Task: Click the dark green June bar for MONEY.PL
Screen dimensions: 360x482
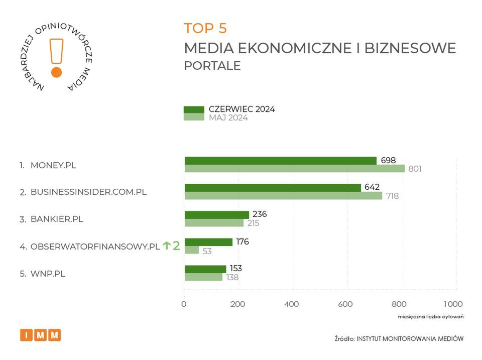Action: click(x=280, y=161)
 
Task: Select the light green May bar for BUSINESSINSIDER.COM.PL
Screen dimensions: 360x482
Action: click(x=283, y=196)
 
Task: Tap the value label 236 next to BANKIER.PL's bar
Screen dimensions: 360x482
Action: click(x=260, y=214)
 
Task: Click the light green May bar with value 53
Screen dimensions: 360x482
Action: click(x=191, y=250)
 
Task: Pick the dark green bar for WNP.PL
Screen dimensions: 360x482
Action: click(x=205, y=269)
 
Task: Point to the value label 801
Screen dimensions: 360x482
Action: click(x=415, y=169)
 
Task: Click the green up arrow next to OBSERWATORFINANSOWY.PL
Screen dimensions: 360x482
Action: click(x=167, y=246)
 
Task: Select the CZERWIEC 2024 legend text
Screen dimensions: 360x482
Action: click(x=242, y=109)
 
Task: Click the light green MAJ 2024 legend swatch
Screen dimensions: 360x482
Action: click(x=194, y=117)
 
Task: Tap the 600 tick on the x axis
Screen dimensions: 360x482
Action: click(x=345, y=304)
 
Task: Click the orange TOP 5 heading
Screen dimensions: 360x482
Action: click(x=205, y=28)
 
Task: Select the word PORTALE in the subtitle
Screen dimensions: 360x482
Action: click(x=212, y=66)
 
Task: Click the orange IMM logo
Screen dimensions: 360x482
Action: click(x=40, y=335)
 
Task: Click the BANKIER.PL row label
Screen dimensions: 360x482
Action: click(x=57, y=219)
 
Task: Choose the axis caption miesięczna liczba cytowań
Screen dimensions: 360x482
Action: click(x=430, y=317)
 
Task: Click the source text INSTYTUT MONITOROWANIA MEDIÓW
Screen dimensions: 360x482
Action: click(x=410, y=339)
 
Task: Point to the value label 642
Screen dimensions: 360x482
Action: click(x=372, y=187)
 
